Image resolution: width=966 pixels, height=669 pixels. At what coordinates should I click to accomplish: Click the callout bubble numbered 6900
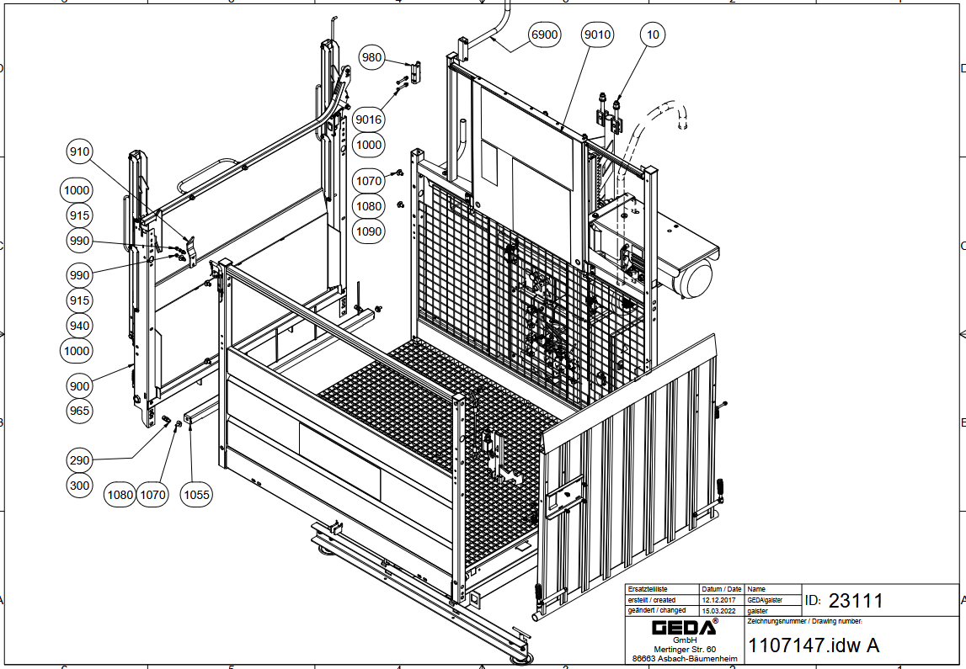(x=545, y=35)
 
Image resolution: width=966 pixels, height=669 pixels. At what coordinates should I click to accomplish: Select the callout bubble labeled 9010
(x=597, y=35)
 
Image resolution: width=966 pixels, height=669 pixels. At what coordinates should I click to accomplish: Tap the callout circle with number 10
(x=653, y=35)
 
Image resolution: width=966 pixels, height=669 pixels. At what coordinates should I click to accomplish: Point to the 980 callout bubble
(x=371, y=57)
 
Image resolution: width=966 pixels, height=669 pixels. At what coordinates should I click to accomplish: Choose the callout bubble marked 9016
(x=368, y=119)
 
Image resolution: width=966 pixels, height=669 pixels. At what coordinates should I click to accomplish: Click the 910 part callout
(x=79, y=151)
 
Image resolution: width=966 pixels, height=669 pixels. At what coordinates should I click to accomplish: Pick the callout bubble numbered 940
(x=79, y=326)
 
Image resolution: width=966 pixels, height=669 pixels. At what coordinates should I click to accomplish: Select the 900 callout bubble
(x=79, y=386)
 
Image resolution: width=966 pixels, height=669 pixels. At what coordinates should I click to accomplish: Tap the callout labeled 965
(x=79, y=411)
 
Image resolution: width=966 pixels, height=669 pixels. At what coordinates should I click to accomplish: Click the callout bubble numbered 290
(x=79, y=459)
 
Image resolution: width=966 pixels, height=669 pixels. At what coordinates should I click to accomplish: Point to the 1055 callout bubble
(x=196, y=494)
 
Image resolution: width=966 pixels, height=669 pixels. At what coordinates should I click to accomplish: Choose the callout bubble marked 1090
(x=368, y=231)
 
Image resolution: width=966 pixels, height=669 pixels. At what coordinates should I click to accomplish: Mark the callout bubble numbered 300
(x=79, y=485)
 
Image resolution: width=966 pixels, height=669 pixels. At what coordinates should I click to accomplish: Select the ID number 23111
(x=856, y=600)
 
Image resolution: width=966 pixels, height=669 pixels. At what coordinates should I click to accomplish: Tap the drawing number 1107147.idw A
(x=814, y=645)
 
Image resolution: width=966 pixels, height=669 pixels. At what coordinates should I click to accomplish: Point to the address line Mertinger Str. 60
(x=685, y=650)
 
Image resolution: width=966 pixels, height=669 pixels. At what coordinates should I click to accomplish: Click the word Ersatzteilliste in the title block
(x=648, y=589)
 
